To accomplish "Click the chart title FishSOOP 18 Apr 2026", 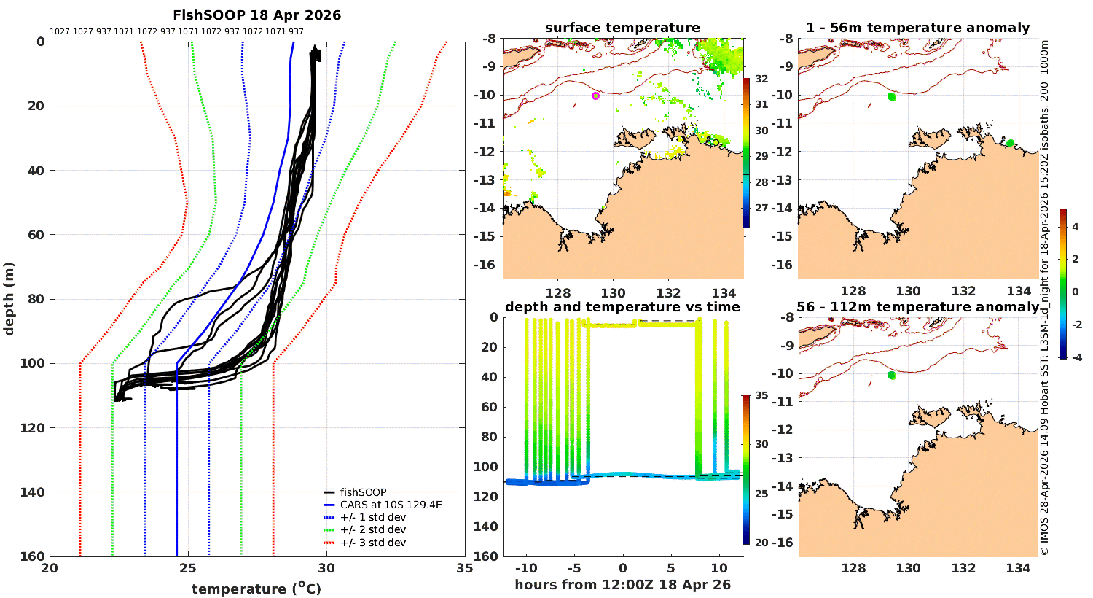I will click(x=256, y=15).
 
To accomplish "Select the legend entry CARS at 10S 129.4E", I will click(x=391, y=505).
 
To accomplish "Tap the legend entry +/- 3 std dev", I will click(x=372, y=543).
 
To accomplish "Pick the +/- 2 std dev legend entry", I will click(x=372, y=530).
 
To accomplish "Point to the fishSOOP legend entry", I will click(x=363, y=492).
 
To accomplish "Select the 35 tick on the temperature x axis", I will click(x=464, y=569).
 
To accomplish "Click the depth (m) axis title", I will click(x=9, y=298).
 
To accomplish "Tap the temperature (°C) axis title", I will click(x=256, y=589).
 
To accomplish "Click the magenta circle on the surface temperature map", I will click(x=595, y=96).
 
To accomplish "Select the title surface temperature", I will click(x=622, y=28).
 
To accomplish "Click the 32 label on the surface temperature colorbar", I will click(x=761, y=79).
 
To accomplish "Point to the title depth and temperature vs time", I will click(x=622, y=307).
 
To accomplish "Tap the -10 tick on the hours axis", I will click(x=526, y=569).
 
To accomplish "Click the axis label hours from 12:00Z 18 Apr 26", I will click(x=622, y=585).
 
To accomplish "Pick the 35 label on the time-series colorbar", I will click(x=761, y=396).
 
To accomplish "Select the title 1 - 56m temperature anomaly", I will click(x=917, y=28).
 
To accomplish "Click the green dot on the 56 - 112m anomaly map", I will click(x=891, y=375).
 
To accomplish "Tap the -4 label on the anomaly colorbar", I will click(x=1076, y=357).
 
